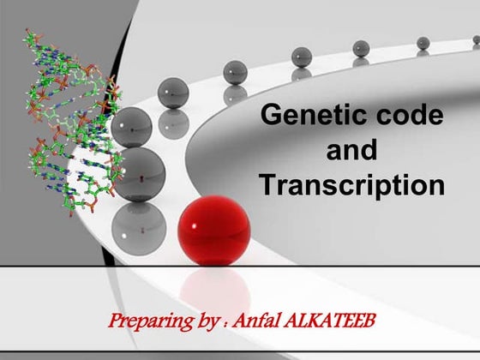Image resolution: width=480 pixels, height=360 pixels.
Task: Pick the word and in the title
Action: (x=352, y=150)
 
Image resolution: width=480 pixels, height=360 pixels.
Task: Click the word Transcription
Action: (x=352, y=184)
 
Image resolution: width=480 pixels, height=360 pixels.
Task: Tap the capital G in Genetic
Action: (x=272, y=116)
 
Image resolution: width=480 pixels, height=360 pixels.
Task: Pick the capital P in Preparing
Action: (x=117, y=325)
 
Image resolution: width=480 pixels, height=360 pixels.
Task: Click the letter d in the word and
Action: (x=369, y=150)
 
